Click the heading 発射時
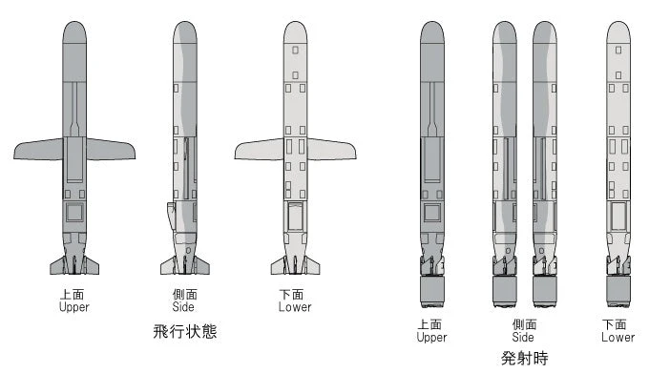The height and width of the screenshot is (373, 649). tap(524, 359)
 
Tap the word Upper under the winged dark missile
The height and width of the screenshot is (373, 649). tap(73, 307)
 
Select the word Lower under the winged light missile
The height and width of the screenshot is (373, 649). tap(295, 307)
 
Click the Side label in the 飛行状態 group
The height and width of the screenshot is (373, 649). tap(184, 307)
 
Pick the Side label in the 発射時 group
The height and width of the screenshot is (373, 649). tap(523, 337)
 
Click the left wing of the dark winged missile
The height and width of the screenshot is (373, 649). tap(38, 150)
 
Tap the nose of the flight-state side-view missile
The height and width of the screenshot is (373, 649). tap(185, 32)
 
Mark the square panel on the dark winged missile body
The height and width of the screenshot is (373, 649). tap(74, 212)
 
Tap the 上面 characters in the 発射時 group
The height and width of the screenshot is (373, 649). tap(431, 325)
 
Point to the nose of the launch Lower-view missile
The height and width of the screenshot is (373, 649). tap(618, 32)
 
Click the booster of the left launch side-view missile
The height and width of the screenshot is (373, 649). tap(505, 289)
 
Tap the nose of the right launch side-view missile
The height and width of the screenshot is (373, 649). tap(544, 32)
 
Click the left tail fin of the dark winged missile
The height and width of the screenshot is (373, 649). tap(56, 264)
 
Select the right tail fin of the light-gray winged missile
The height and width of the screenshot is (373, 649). tap(313, 264)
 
